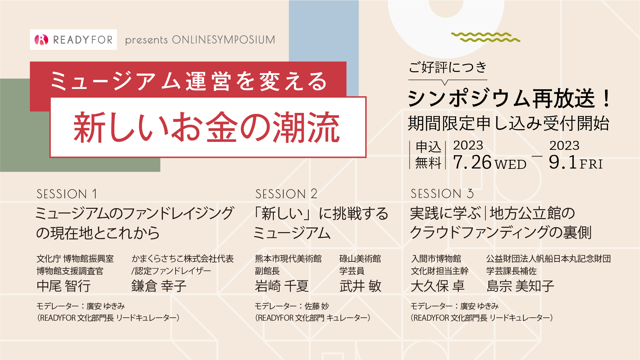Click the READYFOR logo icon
click(41, 40)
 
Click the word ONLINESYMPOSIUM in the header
click(224, 40)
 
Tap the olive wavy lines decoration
click(485, 37)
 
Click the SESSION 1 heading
click(67, 194)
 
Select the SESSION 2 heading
click(286, 194)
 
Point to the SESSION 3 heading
click(442, 193)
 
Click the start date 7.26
click(472, 162)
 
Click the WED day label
click(510, 165)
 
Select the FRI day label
click(591, 164)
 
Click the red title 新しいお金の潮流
click(207, 127)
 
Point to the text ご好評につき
click(448, 67)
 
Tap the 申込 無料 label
click(428, 155)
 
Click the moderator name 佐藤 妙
click(317, 306)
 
